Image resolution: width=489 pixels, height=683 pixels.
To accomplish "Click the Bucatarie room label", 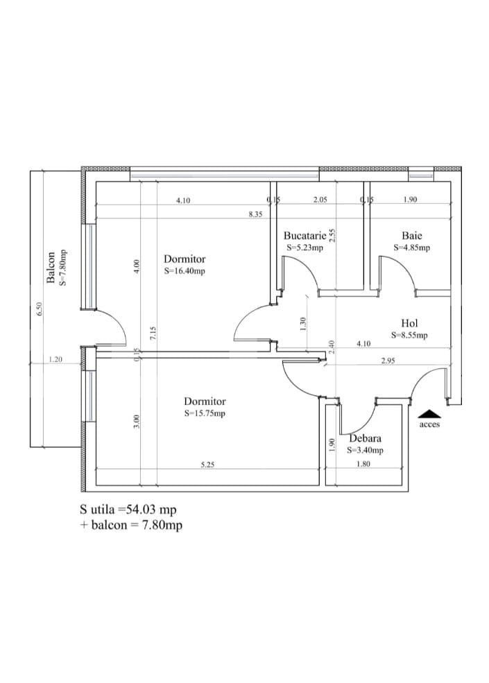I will [304, 236].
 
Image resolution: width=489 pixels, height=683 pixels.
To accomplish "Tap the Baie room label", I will [411, 236].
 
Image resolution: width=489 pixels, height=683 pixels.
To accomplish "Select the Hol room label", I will [409, 323].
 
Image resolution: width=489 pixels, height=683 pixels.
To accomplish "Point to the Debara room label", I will [365, 438].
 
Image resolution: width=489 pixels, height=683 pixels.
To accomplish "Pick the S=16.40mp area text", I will [185, 271].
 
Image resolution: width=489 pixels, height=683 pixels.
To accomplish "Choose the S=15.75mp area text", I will [205, 413].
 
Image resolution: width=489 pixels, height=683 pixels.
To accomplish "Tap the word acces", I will [429, 424].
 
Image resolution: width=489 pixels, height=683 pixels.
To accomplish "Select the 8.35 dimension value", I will [255, 214].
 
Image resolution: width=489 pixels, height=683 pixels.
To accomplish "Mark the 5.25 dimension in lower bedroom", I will [207, 466].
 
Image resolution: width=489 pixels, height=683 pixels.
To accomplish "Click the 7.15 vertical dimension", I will [154, 333].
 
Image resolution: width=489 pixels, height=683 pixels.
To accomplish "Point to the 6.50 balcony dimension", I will [40, 309].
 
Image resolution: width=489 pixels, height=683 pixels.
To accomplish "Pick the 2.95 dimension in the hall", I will [388, 361].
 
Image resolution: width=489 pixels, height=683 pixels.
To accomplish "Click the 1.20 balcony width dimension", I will [55, 360].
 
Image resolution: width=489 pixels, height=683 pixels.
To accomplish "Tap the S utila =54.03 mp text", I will [128, 510].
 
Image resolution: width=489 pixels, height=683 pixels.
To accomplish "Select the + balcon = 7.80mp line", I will [131, 525].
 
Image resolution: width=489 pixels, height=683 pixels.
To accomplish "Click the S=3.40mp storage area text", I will [365, 450].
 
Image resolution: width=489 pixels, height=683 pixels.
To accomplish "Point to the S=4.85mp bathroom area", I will [411, 248].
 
